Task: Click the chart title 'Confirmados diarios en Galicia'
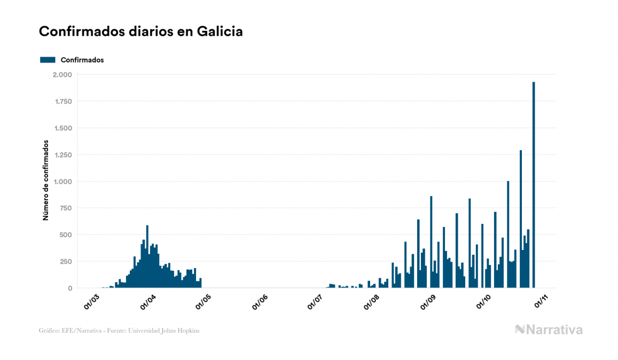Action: coord(141,32)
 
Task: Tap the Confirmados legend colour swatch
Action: coord(48,60)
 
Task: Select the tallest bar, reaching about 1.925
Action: coord(534,185)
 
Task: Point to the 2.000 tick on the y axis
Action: coord(63,75)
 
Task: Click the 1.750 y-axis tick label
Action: coord(63,101)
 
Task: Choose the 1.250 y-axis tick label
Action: coord(63,155)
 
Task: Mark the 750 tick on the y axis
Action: coord(66,208)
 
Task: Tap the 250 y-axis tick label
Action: coord(66,262)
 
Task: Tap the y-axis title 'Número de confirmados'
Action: coord(46,181)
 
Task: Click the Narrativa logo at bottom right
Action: coord(549,330)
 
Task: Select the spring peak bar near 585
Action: coord(147,257)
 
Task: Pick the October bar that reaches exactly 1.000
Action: coord(508,234)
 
